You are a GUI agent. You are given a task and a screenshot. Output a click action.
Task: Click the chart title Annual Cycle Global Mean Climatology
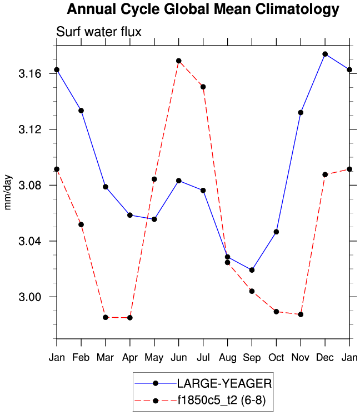coord(202,9)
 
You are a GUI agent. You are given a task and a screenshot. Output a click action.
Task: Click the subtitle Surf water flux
coord(99,32)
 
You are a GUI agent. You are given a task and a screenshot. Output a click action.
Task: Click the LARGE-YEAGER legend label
coord(224,383)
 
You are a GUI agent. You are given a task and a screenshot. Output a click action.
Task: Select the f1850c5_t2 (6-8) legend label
coord(224,399)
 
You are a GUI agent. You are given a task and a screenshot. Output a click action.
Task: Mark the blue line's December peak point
coord(325,54)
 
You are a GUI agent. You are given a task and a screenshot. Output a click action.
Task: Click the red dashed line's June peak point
coord(179,61)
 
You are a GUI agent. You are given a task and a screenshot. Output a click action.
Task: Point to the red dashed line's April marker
coord(130,318)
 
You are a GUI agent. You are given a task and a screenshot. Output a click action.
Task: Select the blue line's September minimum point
coord(252,270)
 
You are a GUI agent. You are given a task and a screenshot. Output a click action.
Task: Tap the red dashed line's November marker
coord(301,314)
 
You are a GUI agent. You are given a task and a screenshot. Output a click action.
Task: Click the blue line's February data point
coord(81,111)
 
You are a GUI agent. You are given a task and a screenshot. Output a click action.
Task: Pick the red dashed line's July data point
coord(203,87)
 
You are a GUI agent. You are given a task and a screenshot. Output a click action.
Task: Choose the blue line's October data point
coord(276,232)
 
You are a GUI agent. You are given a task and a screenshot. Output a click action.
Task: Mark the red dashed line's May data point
coord(154,179)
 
